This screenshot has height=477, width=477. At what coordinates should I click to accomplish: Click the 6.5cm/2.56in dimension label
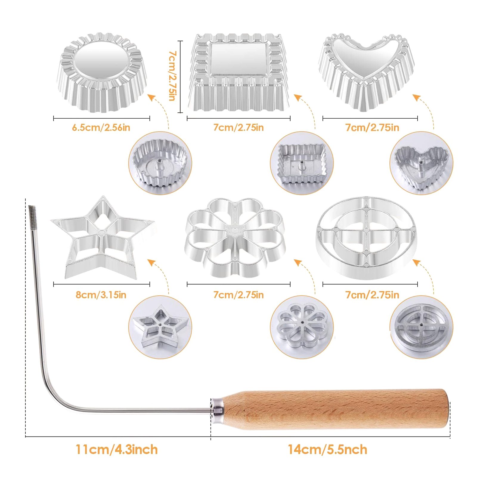(x=101, y=128)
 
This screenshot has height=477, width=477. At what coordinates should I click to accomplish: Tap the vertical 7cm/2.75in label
(x=172, y=76)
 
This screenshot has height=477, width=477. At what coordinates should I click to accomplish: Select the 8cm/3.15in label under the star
(x=101, y=295)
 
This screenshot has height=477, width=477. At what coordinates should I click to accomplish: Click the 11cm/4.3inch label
(x=117, y=450)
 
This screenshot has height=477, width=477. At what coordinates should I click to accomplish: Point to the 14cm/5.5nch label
(x=327, y=450)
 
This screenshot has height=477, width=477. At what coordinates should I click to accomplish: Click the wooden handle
(x=335, y=409)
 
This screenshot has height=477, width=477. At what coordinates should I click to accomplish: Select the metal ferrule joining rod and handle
(x=217, y=410)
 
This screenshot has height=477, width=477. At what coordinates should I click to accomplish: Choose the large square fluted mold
(x=238, y=72)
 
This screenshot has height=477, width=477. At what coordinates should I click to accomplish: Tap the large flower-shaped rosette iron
(x=236, y=237)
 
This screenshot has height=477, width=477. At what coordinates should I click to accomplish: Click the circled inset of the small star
(x=160, y=327)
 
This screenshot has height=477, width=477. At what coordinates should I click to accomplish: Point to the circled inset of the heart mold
(x=421, y=163)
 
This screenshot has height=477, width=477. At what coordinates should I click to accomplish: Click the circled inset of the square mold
(x=302, y=163)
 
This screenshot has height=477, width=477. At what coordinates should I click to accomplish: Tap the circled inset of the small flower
(x=302, y=327)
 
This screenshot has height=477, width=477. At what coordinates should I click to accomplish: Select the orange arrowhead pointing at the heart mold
(x=416, y=97)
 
